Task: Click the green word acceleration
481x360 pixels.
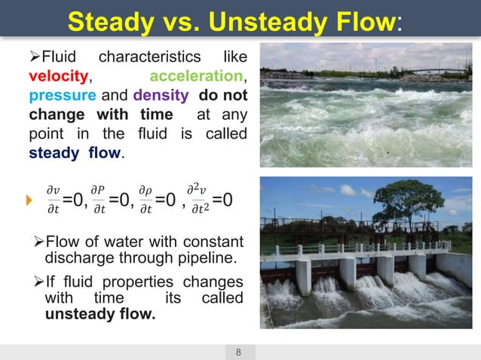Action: coord(198,77)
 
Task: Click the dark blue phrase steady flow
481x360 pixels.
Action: coord(75,153)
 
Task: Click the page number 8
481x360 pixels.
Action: coord(240,352)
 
